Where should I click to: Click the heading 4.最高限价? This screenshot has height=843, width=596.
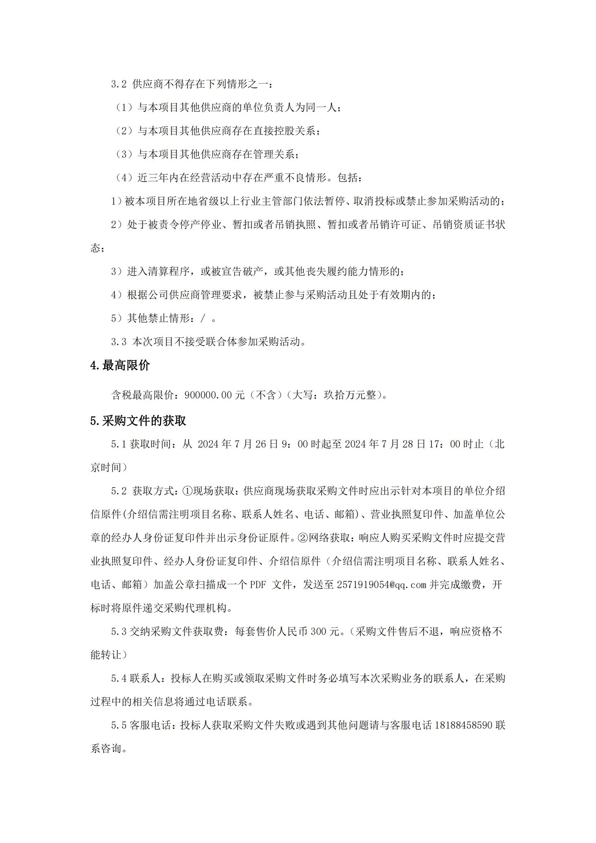(x=120, y=365)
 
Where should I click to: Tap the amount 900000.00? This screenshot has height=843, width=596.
(x=208, y=395)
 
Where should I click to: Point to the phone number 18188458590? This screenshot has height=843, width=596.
(x=463, y=726)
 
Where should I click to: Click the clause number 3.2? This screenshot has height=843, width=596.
(x=119, y=84)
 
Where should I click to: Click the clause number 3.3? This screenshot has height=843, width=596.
(x=119, y=342)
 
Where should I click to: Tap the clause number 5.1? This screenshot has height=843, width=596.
(x=119, y=444)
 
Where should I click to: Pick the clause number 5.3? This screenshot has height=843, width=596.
(x=119, y=631)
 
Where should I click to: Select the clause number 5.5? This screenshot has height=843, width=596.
(x=119, y=726)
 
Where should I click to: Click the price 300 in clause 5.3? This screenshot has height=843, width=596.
(x=318, y=631)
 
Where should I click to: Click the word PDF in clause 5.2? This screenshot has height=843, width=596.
(x=258, y=585)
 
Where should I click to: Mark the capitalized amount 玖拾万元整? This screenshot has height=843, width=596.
(x=350, y=395)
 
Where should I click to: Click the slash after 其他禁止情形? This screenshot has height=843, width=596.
(x=203, y=318)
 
